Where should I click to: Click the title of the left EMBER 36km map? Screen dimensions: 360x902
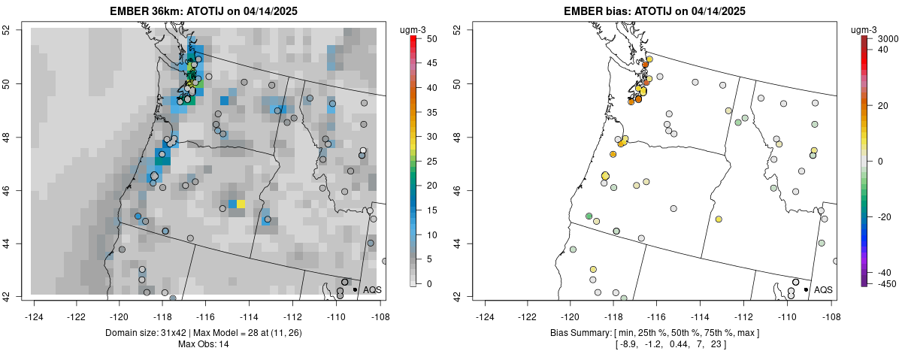click(203, 11)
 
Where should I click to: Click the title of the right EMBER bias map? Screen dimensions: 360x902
click(654, 11)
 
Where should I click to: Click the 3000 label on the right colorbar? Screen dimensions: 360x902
click(888, 38)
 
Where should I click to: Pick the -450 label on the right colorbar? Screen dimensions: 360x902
click(886, 283)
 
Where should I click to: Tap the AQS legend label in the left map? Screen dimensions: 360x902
click(372, 289)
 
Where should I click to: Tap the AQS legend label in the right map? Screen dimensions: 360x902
click(823, 289)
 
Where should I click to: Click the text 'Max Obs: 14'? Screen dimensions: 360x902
click(203, 344)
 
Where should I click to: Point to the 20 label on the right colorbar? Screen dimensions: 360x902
click(884, 105)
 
